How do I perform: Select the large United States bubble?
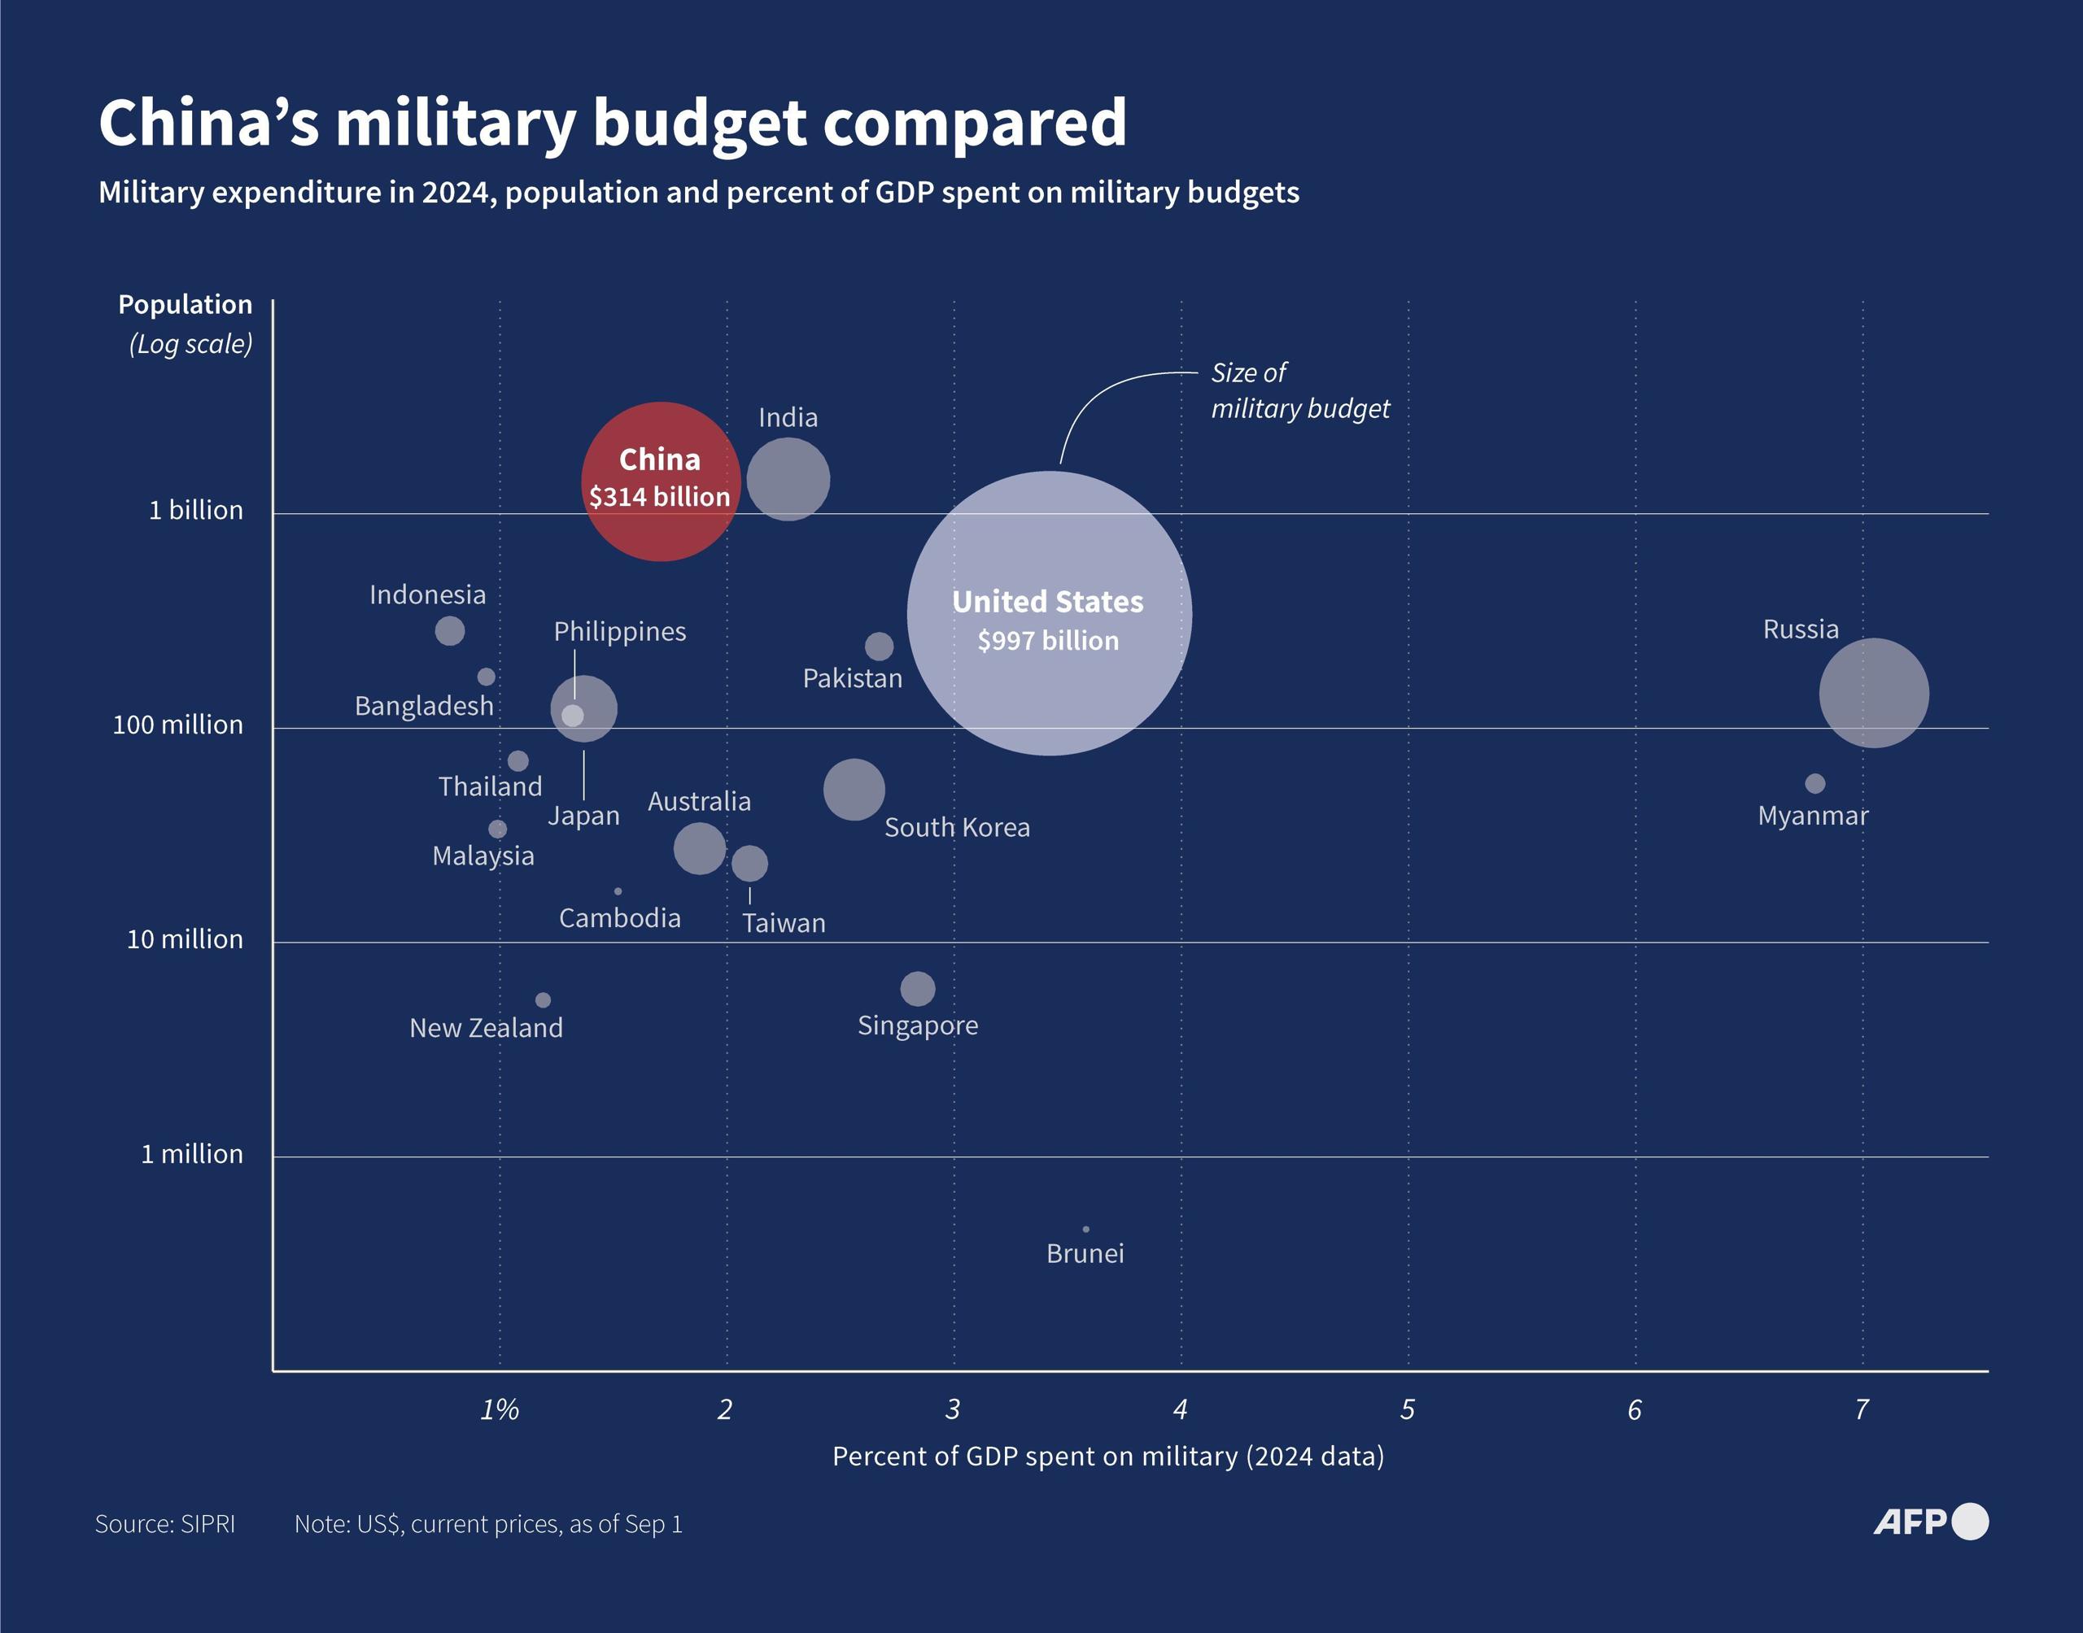point(1049,613)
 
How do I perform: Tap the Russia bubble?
point(1874,693)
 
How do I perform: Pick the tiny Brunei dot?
point(1085,1230)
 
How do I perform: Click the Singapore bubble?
point(917,989)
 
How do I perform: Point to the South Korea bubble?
point(854,790)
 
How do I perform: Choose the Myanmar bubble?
point(1814,784)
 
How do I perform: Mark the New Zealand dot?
point(542,1000)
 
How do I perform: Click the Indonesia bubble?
point(449,631)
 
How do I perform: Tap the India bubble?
point(788,480)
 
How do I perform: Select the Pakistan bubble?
point(879,647)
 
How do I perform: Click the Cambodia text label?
point(620,919)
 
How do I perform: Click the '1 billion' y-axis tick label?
point(196,511)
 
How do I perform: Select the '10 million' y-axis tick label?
point(185,940)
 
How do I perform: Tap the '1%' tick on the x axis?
point(500,1409)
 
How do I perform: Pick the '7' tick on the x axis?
point(1861,1409)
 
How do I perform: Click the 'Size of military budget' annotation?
point(1299,391)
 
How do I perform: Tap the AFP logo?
point(1929,1521)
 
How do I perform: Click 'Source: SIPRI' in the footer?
point(164,1524)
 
